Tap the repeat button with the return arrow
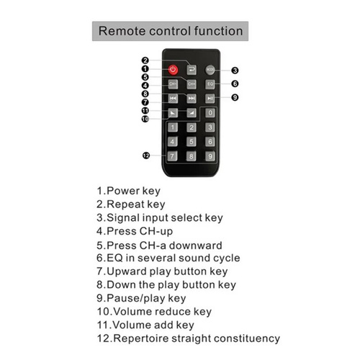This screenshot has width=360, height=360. (192, 70)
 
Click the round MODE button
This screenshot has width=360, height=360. (210, 70)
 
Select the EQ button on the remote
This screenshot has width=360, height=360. (210, 84)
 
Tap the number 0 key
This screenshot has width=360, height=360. (210, 112)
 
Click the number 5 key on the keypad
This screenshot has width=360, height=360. (192, 142)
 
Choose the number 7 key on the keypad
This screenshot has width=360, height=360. (173, 156)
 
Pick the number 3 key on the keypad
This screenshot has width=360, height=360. (210, 127)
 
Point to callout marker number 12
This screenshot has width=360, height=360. (146, 156)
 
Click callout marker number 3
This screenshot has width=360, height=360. (235, 71)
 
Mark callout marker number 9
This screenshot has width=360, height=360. (235, 97)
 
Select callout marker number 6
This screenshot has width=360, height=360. (235, 84)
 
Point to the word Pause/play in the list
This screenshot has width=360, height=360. (136, 298)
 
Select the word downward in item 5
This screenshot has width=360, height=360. (195, 246)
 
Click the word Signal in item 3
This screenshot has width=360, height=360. (125, 218)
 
